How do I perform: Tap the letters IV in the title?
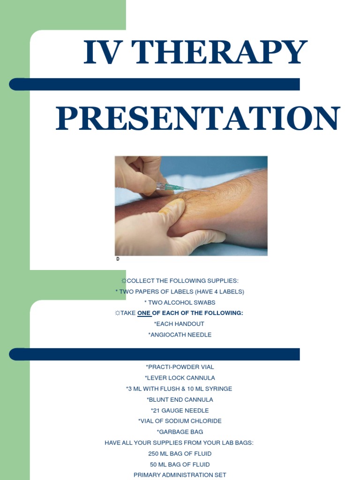100,52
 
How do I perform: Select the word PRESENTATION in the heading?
198,119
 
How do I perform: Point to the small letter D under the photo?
118,259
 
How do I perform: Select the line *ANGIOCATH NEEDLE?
180,335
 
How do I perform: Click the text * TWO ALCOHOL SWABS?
180,302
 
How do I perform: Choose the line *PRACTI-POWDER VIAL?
180,367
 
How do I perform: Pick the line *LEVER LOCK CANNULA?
180,378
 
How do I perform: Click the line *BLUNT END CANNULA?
180,399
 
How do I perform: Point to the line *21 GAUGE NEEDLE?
180,410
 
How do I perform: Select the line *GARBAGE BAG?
180,432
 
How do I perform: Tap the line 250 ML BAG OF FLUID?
180,453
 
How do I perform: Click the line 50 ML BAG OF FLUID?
180,464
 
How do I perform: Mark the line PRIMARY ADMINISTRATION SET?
180,475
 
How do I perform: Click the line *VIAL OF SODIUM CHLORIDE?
180,421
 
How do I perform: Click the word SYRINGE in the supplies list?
219,389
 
